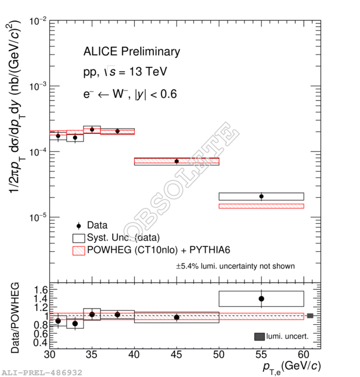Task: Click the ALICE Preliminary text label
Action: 132,52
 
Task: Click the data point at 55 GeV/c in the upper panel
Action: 261,196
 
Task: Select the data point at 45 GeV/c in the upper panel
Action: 177,161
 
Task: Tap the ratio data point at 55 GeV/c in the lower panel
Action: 261,299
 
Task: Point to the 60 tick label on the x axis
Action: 304,354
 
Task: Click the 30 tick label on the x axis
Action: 50,354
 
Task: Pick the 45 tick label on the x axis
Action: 177,354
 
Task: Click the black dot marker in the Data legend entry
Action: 78,225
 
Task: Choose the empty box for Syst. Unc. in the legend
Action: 78,237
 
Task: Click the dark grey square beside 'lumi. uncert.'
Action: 259,336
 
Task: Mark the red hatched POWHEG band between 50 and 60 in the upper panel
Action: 261,206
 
